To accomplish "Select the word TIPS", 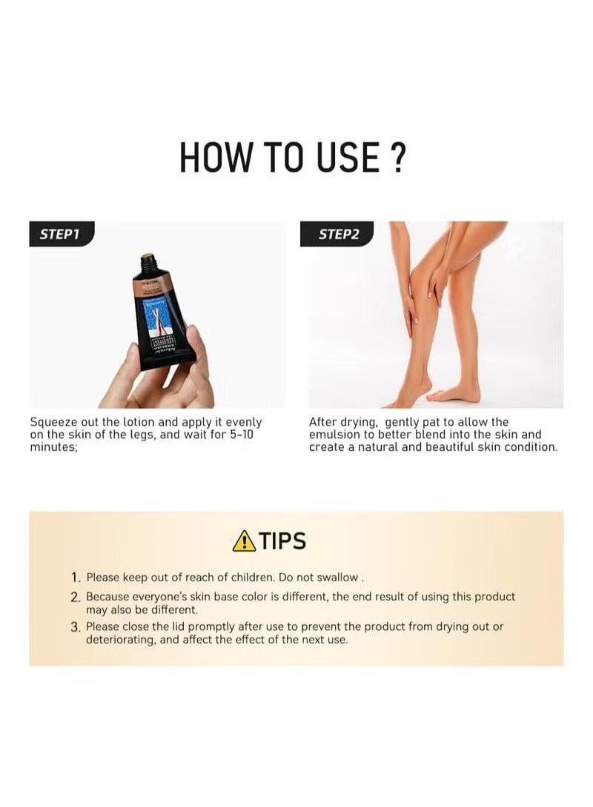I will (x=282, y=540).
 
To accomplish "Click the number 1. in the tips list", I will (x=76, y=577).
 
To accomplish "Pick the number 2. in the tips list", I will (x=76, y=597).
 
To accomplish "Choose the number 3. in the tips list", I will (x=76, y=626).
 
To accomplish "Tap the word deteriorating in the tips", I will (x=120, y=639).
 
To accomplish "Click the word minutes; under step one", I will (x=53, y=447).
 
